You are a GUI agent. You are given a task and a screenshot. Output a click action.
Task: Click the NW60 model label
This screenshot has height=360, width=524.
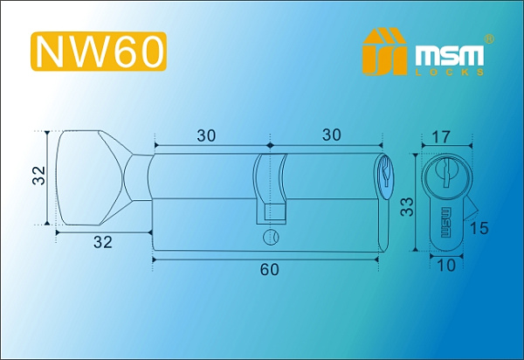[99, 52]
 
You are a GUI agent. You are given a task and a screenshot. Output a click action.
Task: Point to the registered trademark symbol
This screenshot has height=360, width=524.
[489, 39]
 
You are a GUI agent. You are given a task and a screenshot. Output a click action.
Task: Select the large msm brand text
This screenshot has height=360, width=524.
[452, 55]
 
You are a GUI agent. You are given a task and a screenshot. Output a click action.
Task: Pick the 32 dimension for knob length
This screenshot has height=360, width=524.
[103, 245]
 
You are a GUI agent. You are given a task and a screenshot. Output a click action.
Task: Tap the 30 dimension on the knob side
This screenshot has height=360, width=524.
[206, 135]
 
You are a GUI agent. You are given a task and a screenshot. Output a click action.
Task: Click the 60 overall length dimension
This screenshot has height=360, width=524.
[269, 270]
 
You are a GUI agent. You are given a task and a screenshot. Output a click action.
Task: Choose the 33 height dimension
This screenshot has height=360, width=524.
[408, 207]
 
